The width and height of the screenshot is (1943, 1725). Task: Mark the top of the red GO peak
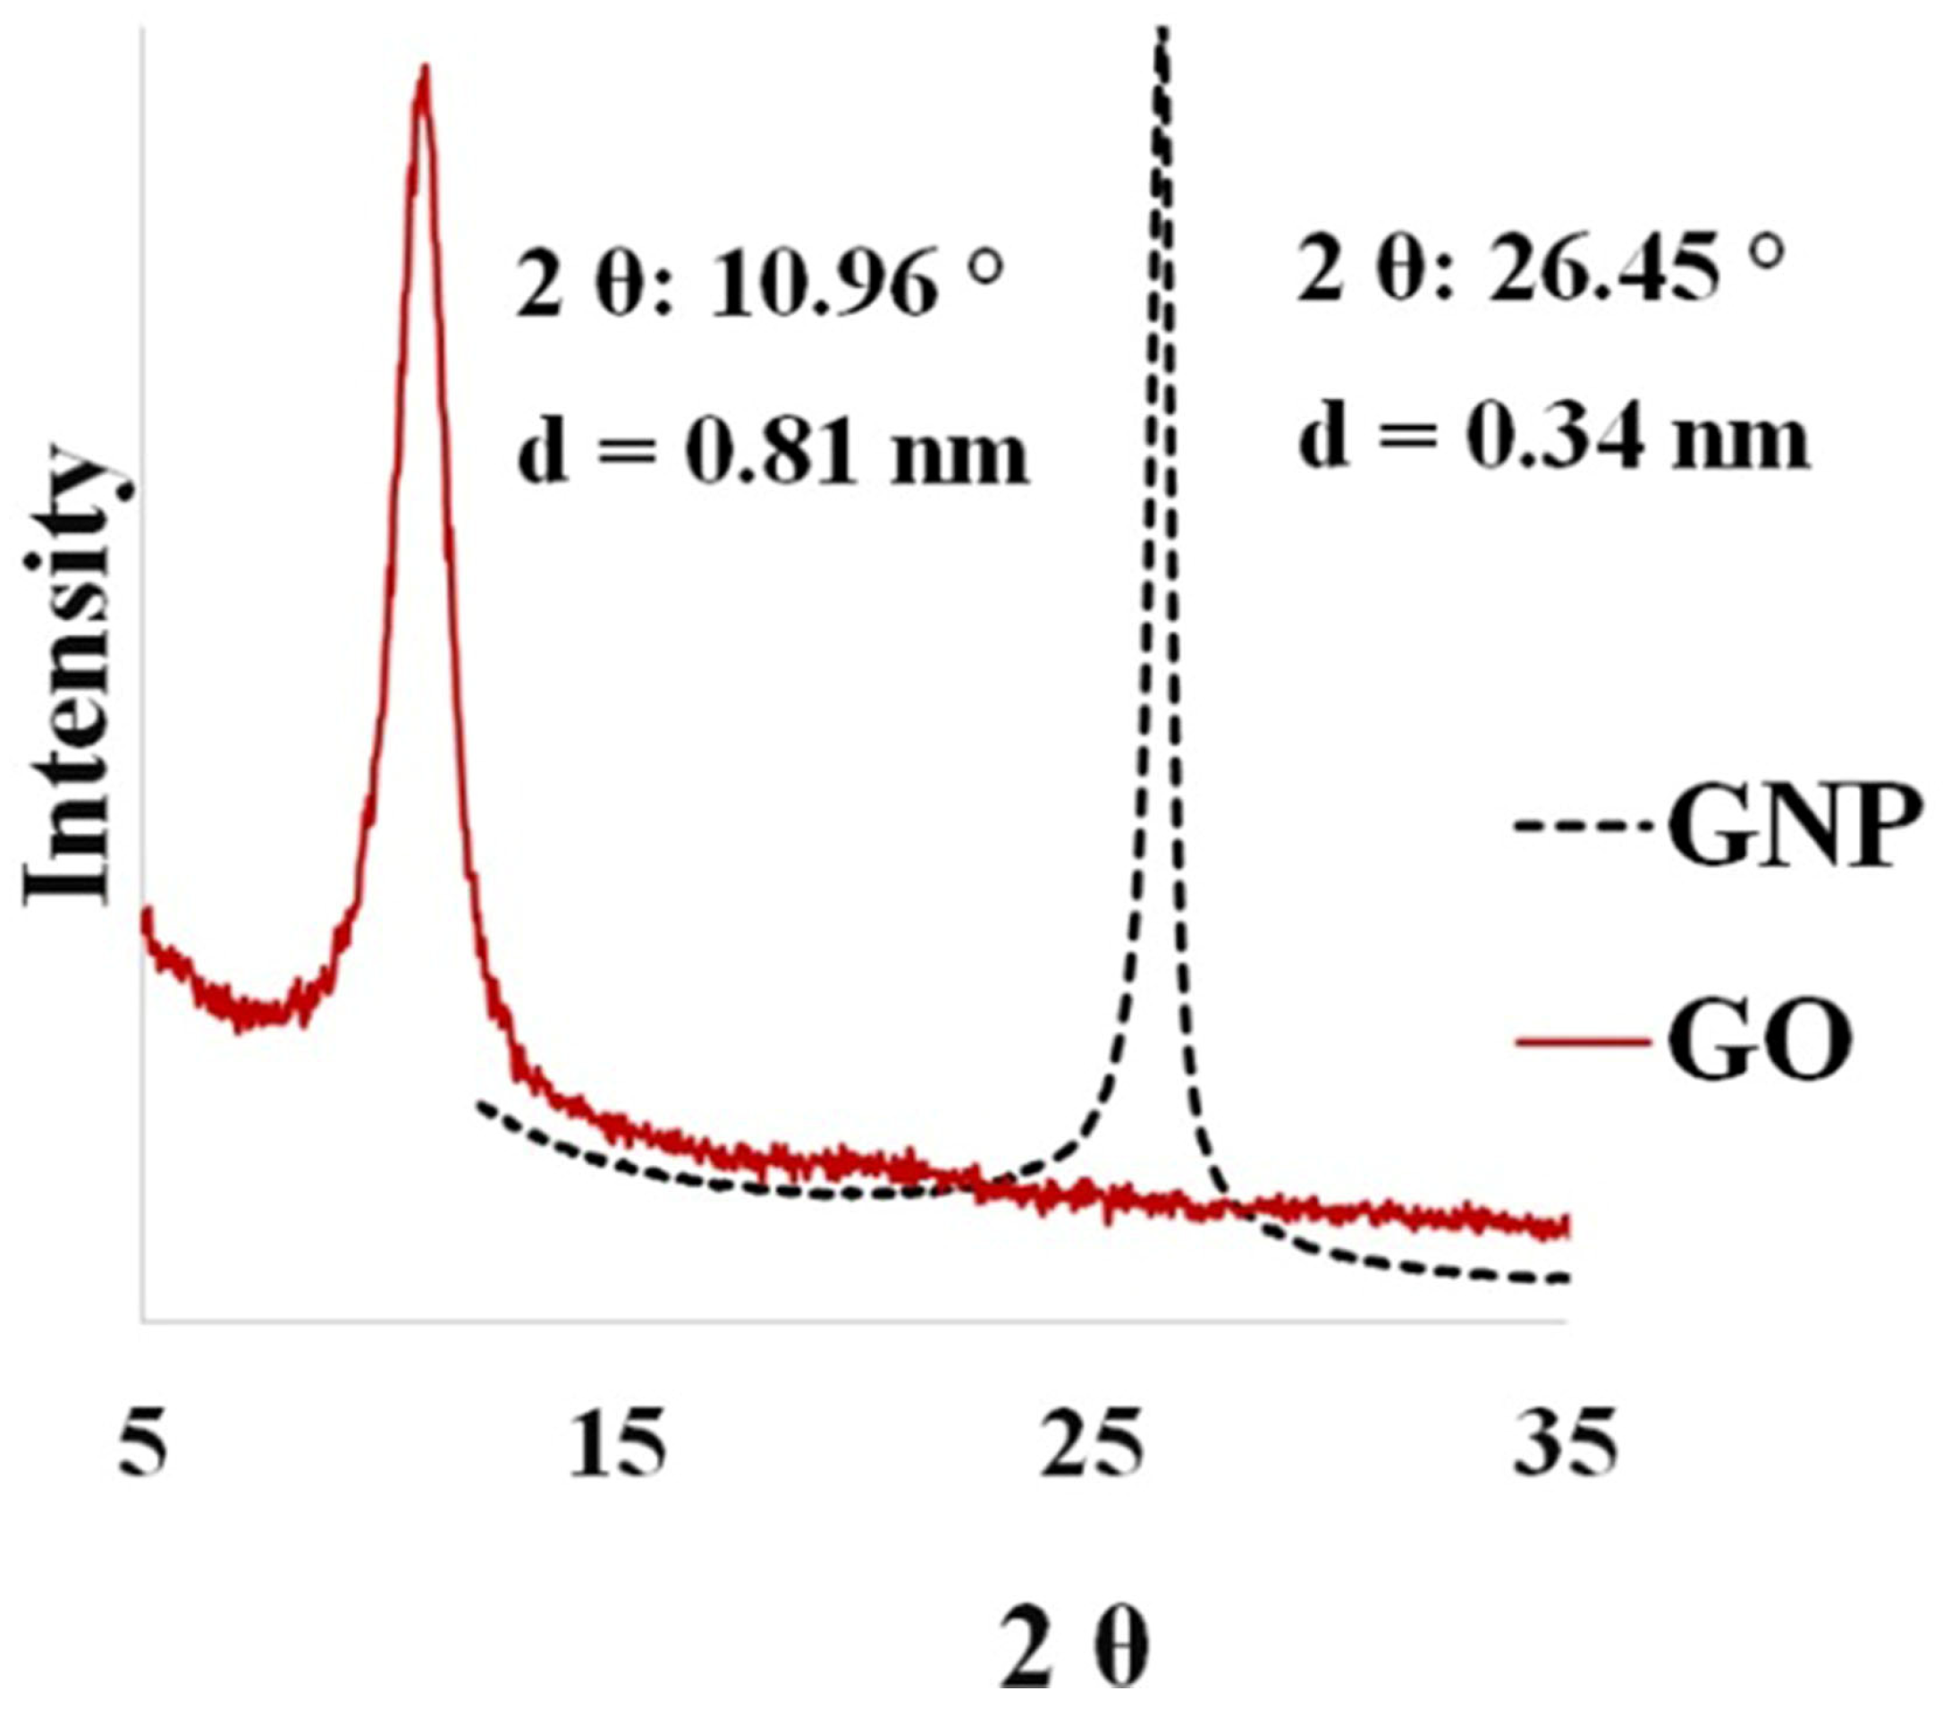point(424,69)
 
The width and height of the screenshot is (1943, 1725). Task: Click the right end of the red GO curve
point(1564,1227)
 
